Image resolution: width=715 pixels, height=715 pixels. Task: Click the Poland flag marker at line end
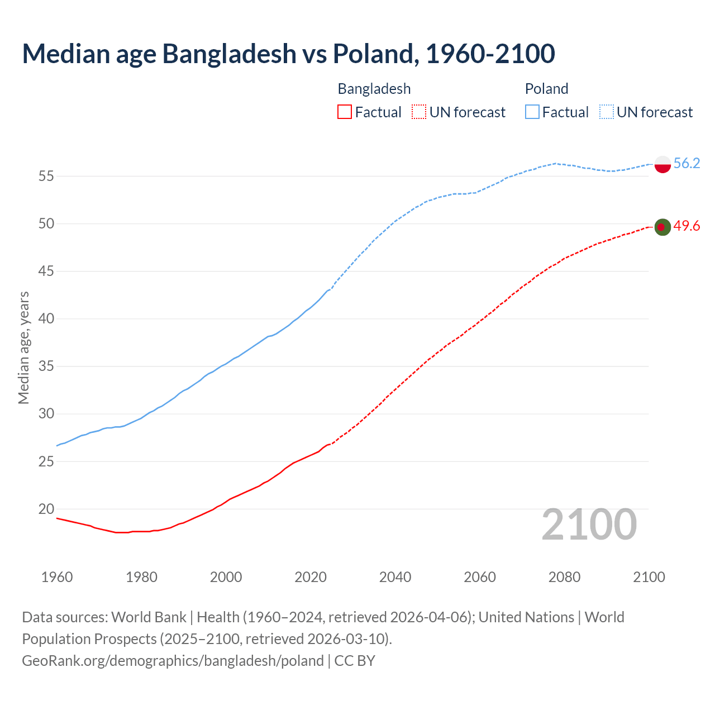click(662, 164)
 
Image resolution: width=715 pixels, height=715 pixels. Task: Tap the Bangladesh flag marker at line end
click(662, 227)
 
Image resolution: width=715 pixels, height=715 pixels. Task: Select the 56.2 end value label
click(687, 163)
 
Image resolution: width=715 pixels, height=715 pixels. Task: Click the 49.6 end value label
click(687, 226)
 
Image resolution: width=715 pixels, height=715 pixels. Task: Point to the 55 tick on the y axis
click(46, 177)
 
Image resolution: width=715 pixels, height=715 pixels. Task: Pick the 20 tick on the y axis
click(46, 509)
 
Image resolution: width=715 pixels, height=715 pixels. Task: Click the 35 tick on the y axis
click(46, 366)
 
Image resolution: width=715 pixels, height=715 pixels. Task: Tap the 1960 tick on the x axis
click(57, 577)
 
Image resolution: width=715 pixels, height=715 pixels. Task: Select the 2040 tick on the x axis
click(395, 577)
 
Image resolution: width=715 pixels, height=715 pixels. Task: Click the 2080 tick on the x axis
click(564, 577)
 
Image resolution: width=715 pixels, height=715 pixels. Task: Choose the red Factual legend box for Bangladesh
click(345, 112)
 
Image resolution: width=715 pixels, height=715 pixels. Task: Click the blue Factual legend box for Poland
click(532, 112)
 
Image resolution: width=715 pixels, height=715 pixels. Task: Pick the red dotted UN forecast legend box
click(419, 112)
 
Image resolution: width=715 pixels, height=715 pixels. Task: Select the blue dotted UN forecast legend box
click(606, 112)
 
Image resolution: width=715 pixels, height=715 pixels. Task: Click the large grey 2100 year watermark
click(589, 524)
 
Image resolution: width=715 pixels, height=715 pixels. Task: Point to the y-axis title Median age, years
click(23, 347)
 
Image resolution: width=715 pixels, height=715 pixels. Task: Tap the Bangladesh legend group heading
click(374, 89)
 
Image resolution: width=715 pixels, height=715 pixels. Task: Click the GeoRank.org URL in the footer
click(173, 660)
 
